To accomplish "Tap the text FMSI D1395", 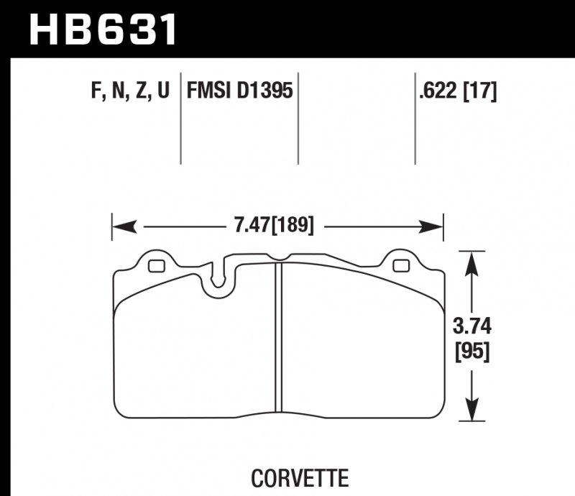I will pos(239,91).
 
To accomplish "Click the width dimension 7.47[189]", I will pos(274,226).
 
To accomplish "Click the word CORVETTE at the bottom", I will pos(300,477).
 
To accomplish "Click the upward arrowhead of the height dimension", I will pos(471,263).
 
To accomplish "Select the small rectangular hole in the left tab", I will pos(155,267).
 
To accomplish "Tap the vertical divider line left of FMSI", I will pos(180,119).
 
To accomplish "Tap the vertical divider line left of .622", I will pos(415,119).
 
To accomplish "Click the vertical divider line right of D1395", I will pos(298,119).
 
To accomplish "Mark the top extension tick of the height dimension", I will pos(471,250).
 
